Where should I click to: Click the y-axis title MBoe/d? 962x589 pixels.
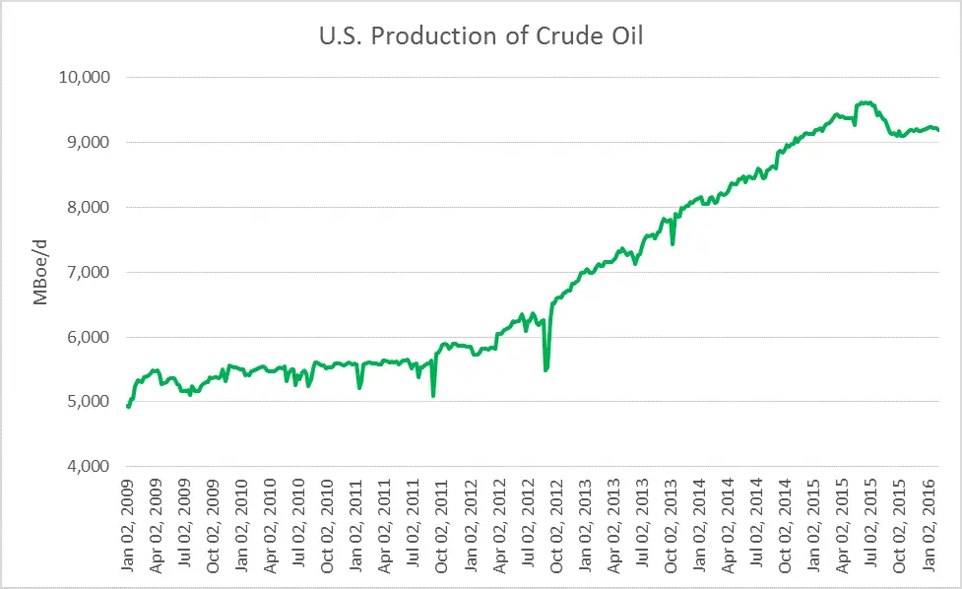[x=41, y=272]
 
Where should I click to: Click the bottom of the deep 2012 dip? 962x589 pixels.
[x=545, y=370]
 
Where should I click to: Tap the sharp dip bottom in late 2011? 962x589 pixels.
[x=433, y=395]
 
